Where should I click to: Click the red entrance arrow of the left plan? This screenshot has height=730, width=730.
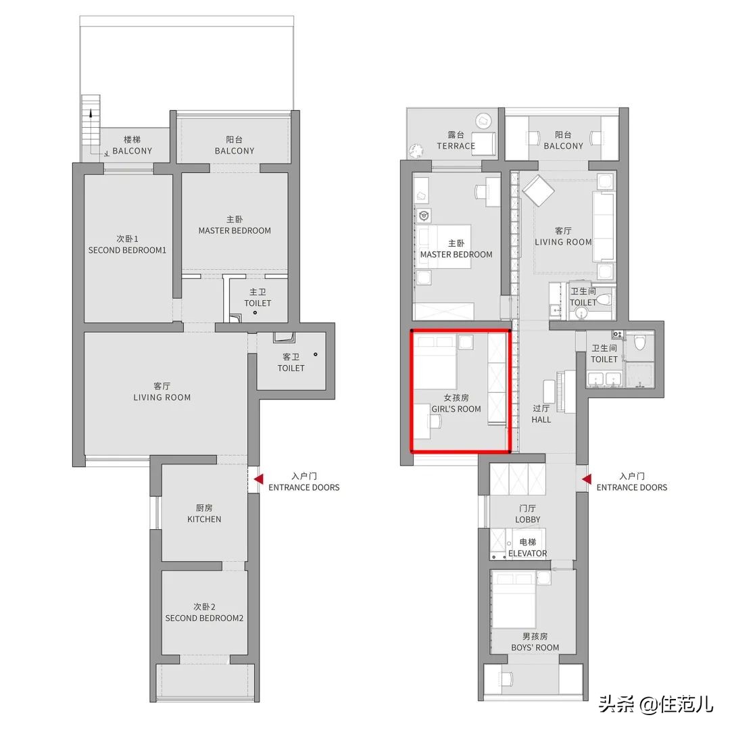pyautogui.click(x=258, y=479)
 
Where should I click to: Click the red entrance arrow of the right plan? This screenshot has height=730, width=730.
pyautogui.click(x=587, y=479)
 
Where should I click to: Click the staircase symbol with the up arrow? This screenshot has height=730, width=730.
pyautogui.click(x=91, y=126)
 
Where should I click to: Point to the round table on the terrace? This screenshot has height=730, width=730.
pyautogui.click(x=484, y=121)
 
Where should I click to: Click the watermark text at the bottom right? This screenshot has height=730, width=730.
pyautogui.click(x=656, y=704)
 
